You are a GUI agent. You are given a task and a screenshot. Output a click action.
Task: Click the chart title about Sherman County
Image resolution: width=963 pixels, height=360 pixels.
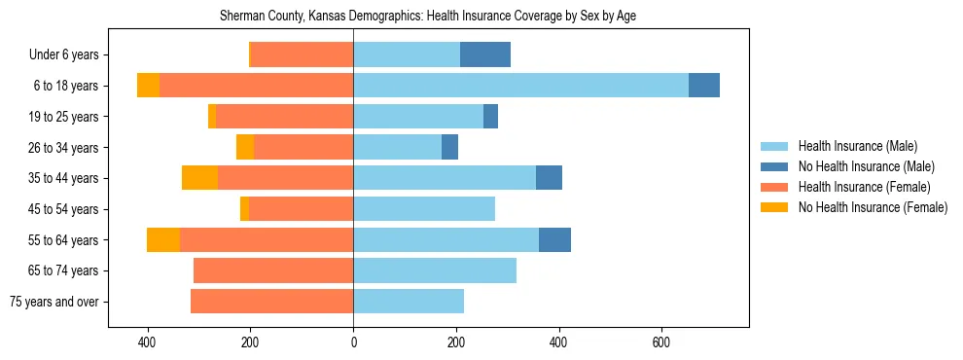(x=481, y=17)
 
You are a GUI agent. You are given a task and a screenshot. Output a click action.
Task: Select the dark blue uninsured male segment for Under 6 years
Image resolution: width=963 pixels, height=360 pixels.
(x=484, y=55)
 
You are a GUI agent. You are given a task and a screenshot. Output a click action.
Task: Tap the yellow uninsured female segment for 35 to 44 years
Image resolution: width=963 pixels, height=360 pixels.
(x=199, y=178)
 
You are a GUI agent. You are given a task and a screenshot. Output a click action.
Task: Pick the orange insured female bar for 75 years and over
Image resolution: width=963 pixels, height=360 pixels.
(x=271, y=302)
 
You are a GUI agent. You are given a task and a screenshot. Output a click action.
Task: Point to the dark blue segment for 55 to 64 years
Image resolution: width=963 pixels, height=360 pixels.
(x=554, y=239)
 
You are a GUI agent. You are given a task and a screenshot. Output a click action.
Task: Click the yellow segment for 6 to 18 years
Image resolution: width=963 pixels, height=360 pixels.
(x=148, y=86)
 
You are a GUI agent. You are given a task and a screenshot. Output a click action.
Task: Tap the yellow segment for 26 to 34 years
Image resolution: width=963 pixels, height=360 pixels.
(x=245, y=147)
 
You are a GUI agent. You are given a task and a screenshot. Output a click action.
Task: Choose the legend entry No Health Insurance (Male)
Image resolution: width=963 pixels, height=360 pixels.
(x=866, y=166)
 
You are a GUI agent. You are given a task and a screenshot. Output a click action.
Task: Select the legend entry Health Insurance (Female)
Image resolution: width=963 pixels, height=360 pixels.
(x=864, y=187)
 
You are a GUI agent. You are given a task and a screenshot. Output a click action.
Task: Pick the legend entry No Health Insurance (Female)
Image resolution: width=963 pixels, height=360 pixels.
(x=873, y=207)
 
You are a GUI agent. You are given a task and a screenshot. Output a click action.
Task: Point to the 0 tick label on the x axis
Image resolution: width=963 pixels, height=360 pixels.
(x=353, y=342)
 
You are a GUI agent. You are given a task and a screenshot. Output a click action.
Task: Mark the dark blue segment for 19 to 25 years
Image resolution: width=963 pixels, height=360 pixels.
(x=490, y=117)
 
